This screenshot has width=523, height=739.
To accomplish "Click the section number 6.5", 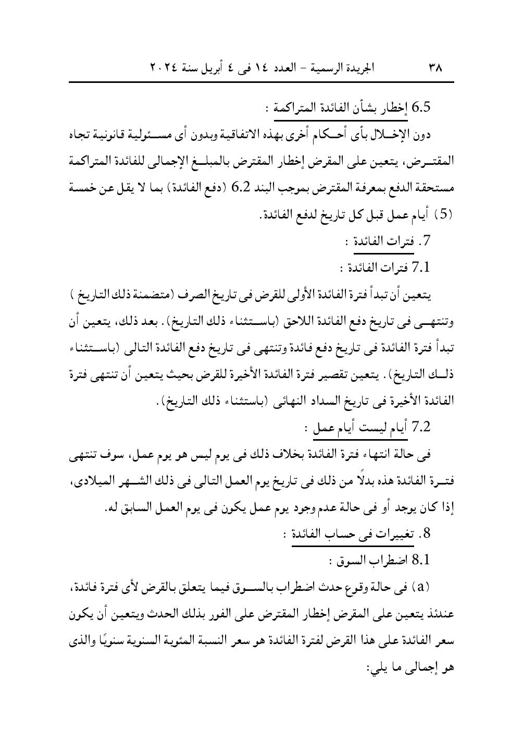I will tap(421, 108).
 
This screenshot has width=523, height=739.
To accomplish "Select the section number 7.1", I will tap(421, 268).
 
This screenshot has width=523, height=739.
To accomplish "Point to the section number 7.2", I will tap(421, 427).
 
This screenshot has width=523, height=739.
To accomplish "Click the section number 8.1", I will tap(421, 560).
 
